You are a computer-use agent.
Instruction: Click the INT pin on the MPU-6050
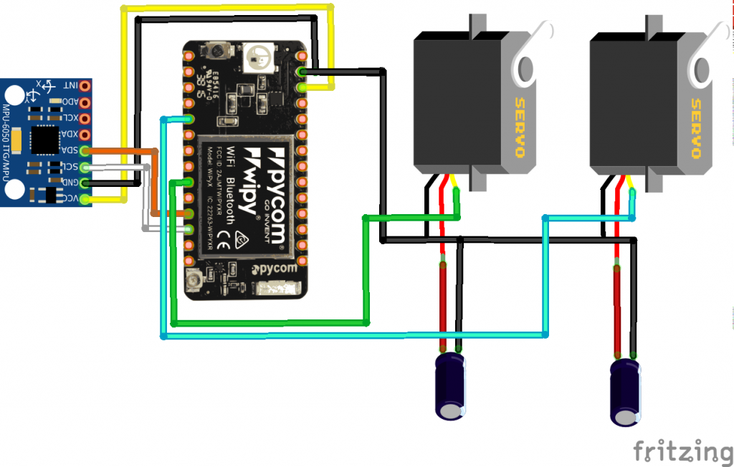click(85, 86)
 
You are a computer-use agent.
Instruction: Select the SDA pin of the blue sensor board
click(85, 150)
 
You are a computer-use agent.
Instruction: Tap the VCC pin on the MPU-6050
click(85, 198)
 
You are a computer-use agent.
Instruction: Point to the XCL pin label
click(70, 118)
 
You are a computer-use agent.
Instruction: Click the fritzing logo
click(682, 451)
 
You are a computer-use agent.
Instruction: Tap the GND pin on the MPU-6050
click(85, 183)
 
